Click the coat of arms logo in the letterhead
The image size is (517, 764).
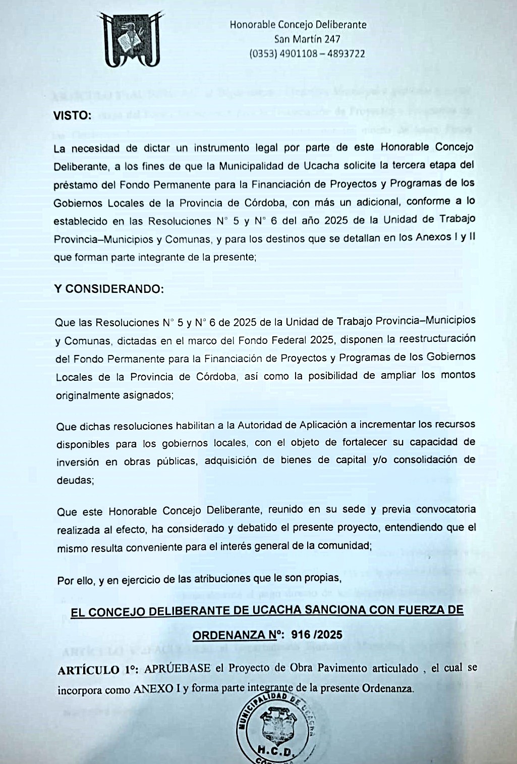(132, 39)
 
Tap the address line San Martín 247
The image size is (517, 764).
(307, 39)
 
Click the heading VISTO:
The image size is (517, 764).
(73, 116)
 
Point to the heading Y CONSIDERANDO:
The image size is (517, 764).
(109, 289)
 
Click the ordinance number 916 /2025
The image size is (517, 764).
(317, 635)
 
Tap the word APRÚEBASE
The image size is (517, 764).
(178, 668)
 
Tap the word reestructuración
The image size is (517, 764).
(437, 338)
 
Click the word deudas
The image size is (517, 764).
(75, 480)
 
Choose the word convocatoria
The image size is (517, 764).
(441, 508)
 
